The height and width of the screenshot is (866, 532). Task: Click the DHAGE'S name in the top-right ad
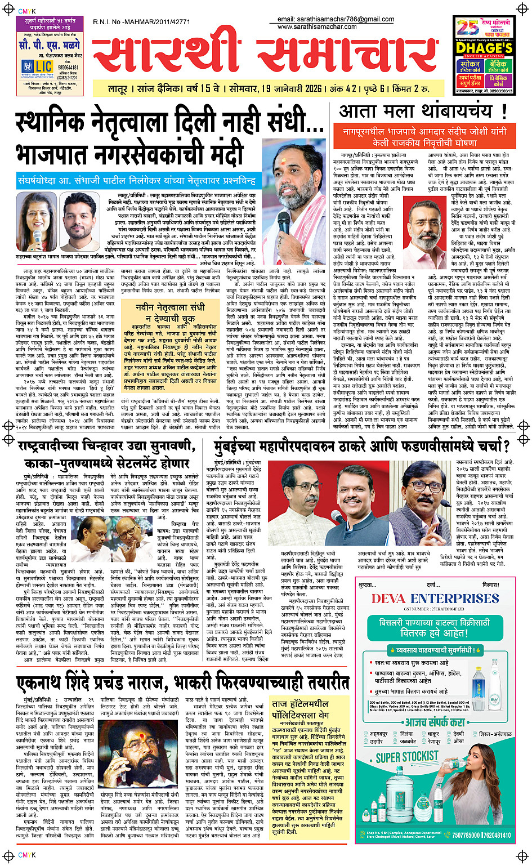[484, 48]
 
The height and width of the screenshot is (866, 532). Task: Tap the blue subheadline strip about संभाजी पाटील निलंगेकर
[137, 181]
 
